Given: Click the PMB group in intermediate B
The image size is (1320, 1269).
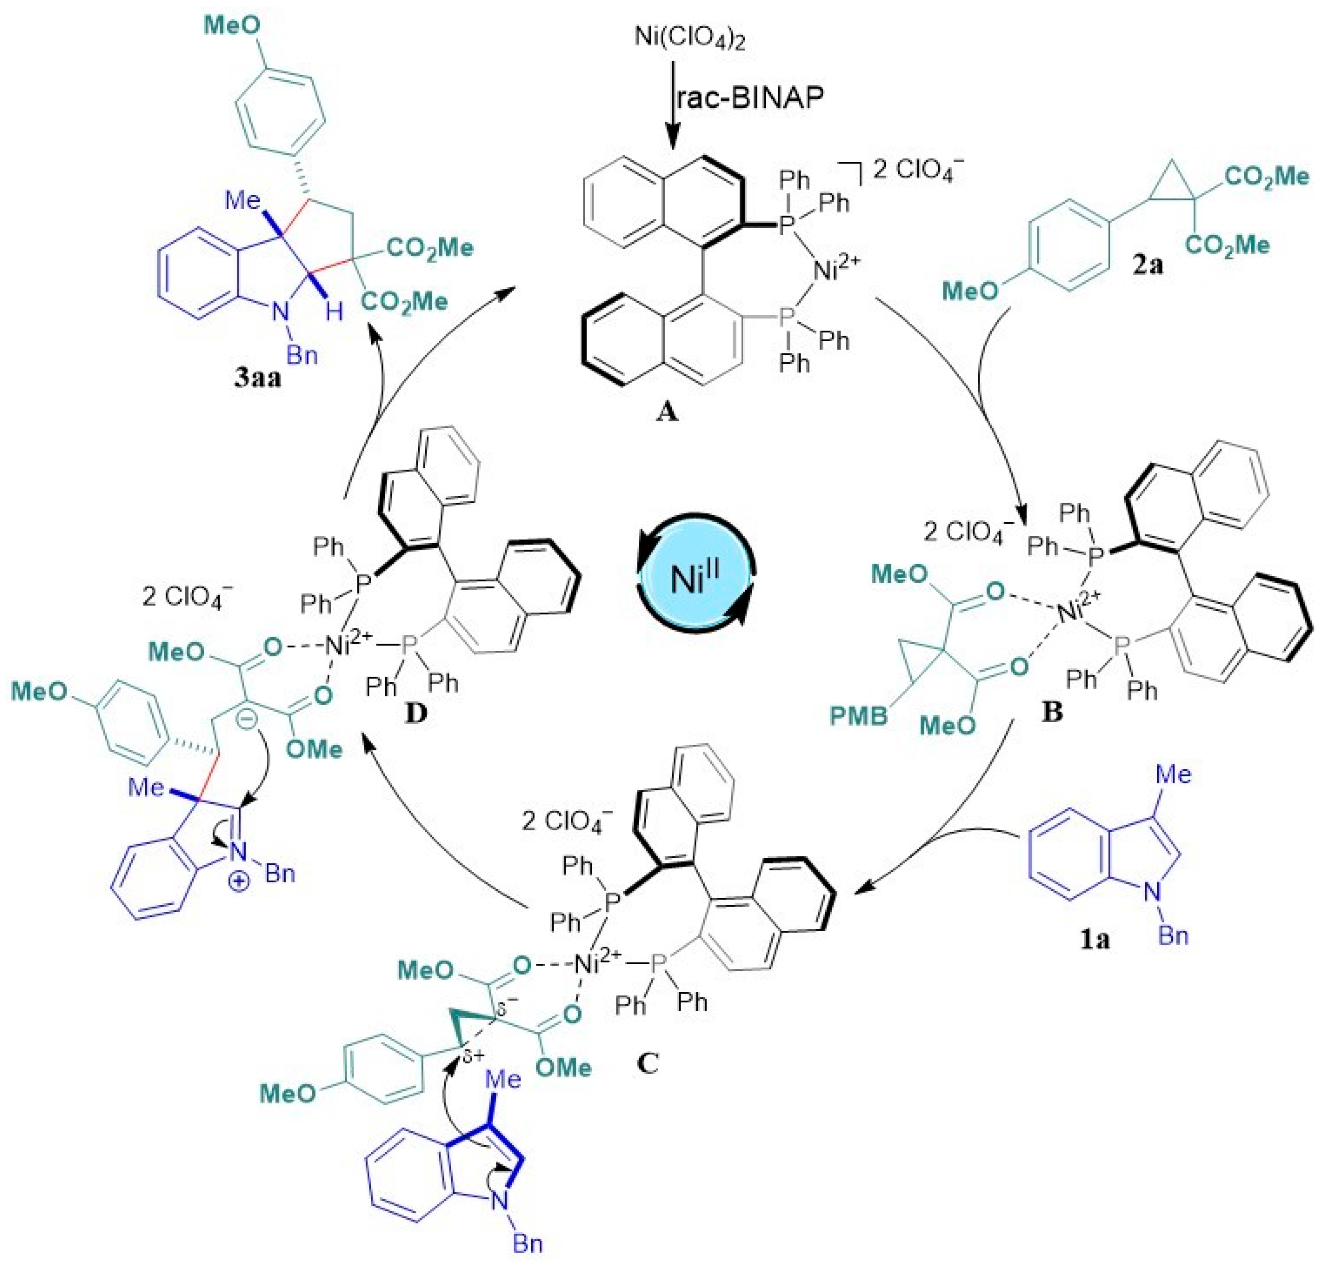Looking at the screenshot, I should (x=858, y=716).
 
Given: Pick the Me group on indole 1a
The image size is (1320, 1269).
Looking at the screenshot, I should (x=1173, y=774).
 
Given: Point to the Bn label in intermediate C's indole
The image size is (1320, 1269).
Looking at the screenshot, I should (x=527, y=1243).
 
